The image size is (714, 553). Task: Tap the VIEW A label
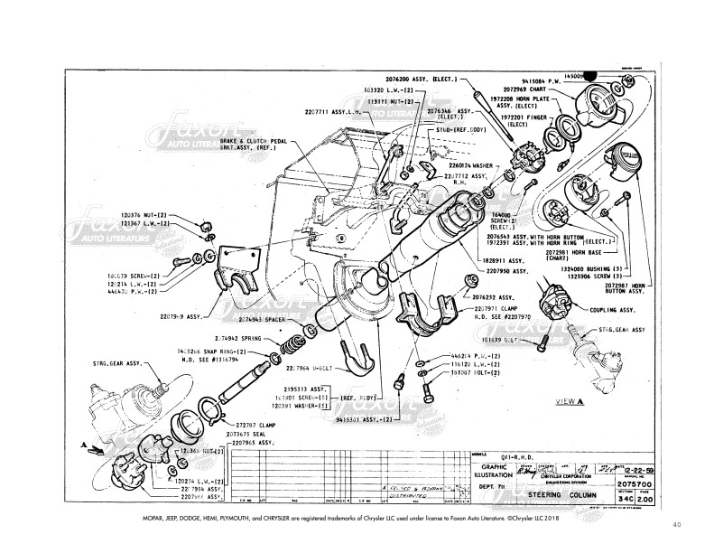[570, 400]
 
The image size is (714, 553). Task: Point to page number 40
[678, 523]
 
